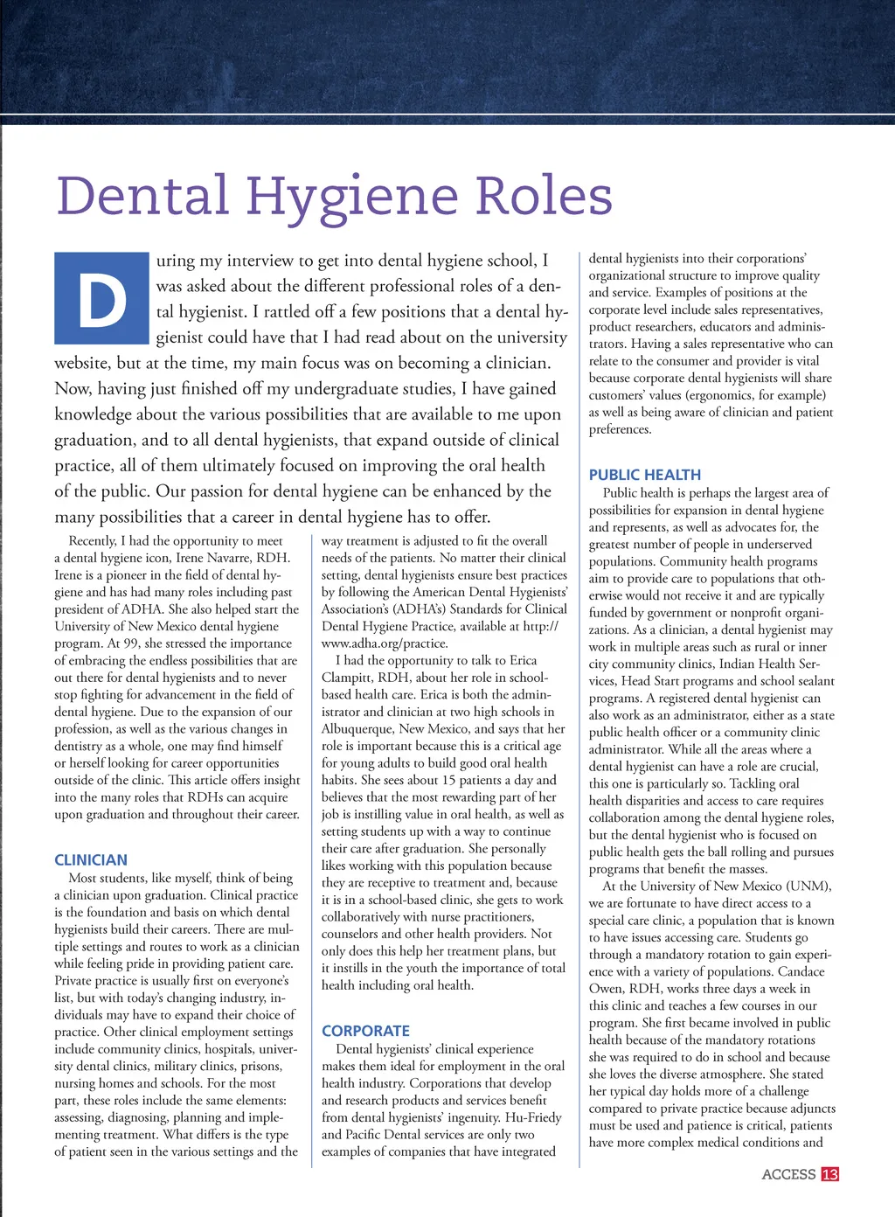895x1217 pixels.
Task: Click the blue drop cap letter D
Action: click(101, 298)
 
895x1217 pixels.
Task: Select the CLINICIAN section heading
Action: click(91, 860)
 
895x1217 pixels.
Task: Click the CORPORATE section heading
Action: click(365, 1031)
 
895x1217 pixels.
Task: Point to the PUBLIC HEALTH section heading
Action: click(644, 475)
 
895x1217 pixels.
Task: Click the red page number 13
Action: click(829, 1174)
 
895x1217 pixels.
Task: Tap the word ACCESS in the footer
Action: click(788, 1174)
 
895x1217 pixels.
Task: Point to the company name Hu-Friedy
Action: click(533, 1117)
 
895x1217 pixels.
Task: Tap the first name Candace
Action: click(801, 971)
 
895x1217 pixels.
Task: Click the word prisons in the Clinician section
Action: click(262, 1066)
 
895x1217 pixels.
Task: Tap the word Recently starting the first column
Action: click(93, 541)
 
